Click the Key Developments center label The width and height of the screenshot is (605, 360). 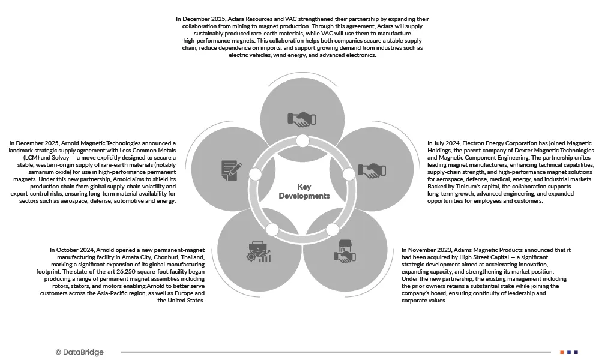[x=304, y=191]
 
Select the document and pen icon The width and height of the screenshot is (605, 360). [x=232, y=170]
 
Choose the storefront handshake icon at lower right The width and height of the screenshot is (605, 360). [x=345, y=251]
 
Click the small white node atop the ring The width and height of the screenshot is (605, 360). [x=302, y=141]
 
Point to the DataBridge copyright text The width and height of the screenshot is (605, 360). [x=79, y=352]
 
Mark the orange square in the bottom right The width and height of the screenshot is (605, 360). [x=562, y=352]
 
